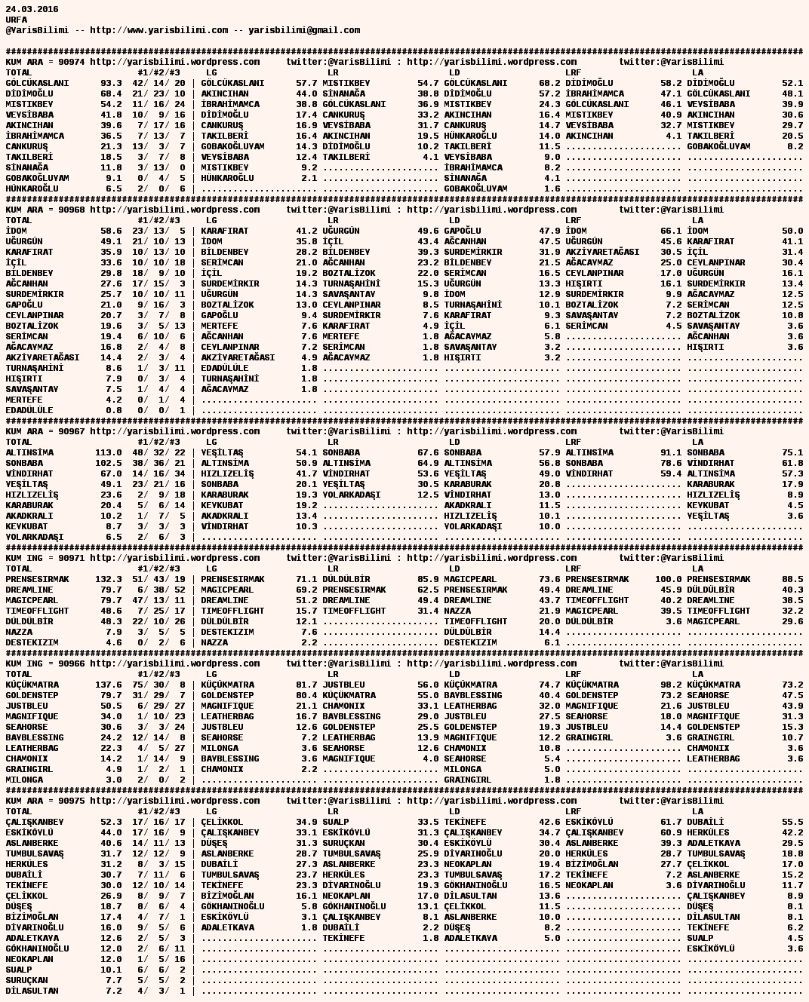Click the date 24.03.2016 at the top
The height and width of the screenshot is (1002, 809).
click(32, 9)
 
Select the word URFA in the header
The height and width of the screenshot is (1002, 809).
click(16, 20)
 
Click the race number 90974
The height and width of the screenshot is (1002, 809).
click(72, 62)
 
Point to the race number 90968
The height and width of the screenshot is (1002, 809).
click(72, 210)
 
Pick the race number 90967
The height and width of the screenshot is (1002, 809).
click(72, 431)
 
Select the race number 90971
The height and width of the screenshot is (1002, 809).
click(72, 558)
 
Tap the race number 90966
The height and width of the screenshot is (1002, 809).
click(72, 663)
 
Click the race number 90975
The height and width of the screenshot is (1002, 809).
click(72, 801)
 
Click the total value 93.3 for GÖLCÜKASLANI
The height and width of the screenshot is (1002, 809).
click(111, 83)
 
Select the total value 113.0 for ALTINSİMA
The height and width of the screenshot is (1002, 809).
click(109, 452)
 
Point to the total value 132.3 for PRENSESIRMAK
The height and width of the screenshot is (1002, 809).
click(109, 579)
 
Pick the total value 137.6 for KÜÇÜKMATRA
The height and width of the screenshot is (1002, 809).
click(109, 685)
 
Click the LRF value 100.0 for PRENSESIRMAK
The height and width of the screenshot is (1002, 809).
click(668, 579)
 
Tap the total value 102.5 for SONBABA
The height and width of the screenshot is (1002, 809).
click(109, 463)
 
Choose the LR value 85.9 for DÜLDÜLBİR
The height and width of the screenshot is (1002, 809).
click(428, 579)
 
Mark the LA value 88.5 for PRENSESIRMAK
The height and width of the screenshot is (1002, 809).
click(792, 579)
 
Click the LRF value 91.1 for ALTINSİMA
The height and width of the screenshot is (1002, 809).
click(671, 452)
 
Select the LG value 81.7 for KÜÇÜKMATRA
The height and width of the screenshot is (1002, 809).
click(306, 685)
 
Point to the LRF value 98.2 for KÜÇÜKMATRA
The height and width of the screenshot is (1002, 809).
click(671, 685)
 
